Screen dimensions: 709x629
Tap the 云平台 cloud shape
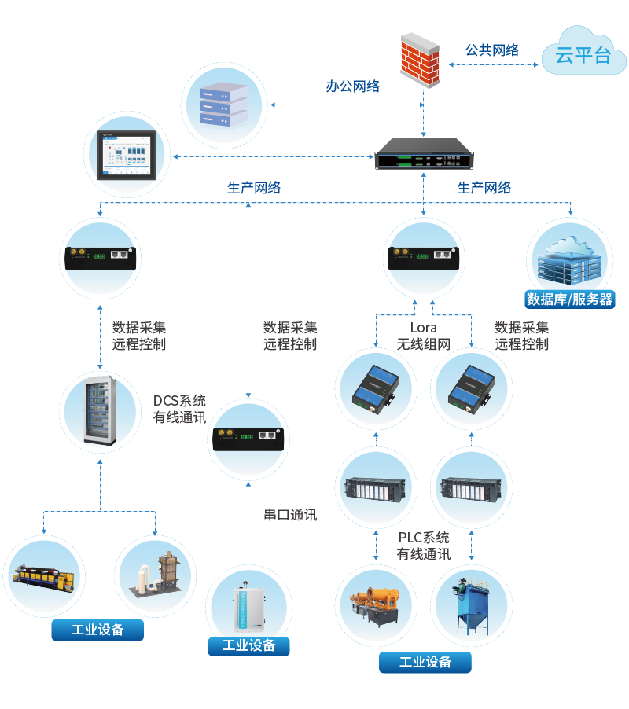coord(582,53)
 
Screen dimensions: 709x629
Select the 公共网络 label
coord(492,50)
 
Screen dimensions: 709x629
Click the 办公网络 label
coord(353,86)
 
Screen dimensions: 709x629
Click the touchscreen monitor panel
coord(131,152)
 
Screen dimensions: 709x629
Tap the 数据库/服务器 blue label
coord(569,299)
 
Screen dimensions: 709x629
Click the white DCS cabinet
coord(99,411)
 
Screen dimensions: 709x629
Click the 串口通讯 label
coord(290,516)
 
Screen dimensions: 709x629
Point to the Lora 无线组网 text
coord(423,336)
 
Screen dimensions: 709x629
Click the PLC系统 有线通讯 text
coord(424,546)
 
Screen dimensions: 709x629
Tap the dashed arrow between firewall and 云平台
coord(491,66)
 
